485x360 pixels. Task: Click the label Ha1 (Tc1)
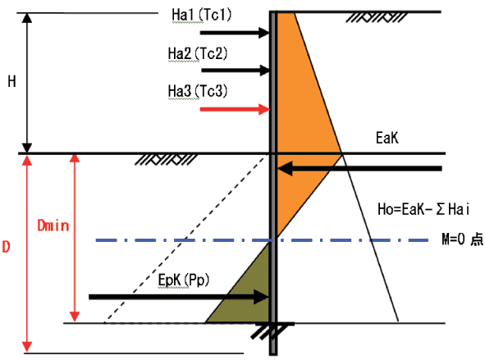201,15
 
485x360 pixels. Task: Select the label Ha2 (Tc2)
198,54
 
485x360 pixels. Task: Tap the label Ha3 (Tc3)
198,92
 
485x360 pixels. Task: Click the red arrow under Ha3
235,109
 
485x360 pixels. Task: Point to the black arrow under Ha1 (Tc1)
235,33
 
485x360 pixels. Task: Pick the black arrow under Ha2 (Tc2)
236,71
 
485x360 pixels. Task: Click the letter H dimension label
11,81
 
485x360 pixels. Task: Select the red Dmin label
53,226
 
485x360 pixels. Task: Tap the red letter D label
6,247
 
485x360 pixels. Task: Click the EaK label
387,138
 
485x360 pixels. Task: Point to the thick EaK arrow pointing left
359,169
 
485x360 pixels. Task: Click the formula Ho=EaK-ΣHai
423,209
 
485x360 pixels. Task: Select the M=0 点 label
462,239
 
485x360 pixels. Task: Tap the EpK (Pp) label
184,280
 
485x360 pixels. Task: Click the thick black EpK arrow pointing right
179,297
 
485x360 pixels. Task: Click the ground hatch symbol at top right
376,17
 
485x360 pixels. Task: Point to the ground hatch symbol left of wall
166,160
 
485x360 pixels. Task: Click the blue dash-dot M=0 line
262,240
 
